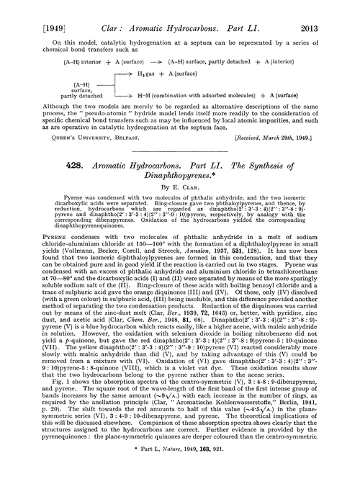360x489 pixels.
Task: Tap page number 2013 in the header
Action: pos(334,14)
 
